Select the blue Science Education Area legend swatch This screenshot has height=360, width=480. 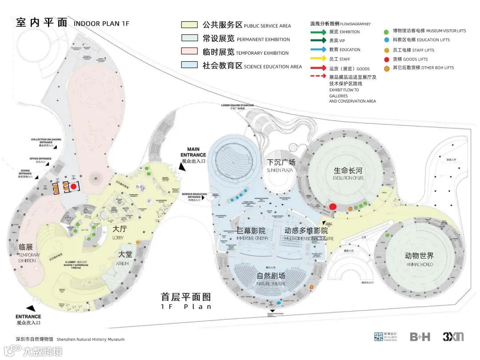(188, 64)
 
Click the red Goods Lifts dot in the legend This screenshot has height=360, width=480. (387, 59)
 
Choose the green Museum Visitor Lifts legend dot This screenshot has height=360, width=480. (387, 31)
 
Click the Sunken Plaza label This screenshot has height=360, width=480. (281, 165)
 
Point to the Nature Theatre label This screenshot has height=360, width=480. (271, 279)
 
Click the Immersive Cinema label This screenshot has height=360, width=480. (252, 234)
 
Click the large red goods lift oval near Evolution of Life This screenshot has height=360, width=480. (332, 206)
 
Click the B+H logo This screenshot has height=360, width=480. (420, 337)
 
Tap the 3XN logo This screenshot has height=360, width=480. (453, 336)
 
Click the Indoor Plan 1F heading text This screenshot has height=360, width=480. (101, 24)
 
